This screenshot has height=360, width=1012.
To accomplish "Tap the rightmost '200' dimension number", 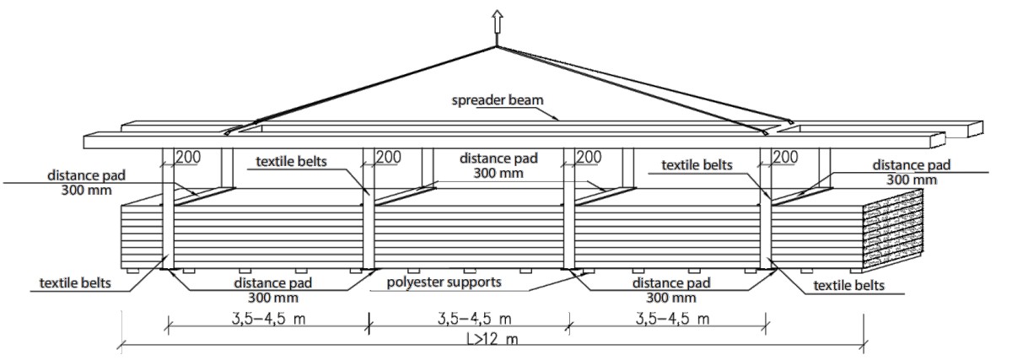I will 785,157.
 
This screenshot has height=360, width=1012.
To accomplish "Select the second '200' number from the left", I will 388,157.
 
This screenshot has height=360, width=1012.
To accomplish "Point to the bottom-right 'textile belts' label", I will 849,286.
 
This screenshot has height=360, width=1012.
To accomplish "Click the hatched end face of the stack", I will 894,228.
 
